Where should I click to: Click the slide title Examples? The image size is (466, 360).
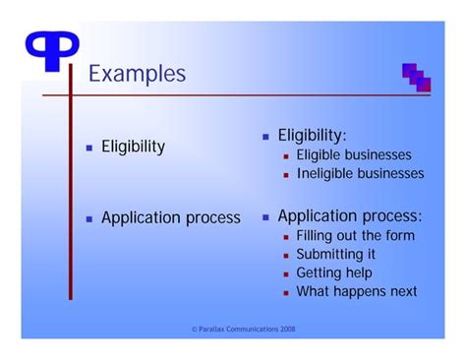(138, 74)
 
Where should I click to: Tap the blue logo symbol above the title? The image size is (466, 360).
(52, 49)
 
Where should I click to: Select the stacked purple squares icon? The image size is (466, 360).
(417, 78)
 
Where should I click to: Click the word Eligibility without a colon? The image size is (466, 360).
(133, 147)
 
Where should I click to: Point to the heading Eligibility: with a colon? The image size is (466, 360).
(312, 136)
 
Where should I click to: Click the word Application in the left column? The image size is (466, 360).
(142, 217)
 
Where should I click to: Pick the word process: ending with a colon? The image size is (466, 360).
(392, 216)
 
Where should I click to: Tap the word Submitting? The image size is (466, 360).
(327, 255)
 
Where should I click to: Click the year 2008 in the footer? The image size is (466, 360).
(287, 329)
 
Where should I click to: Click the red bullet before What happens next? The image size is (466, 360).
(286, 293)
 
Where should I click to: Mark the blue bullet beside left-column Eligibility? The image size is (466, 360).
(89, 148)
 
